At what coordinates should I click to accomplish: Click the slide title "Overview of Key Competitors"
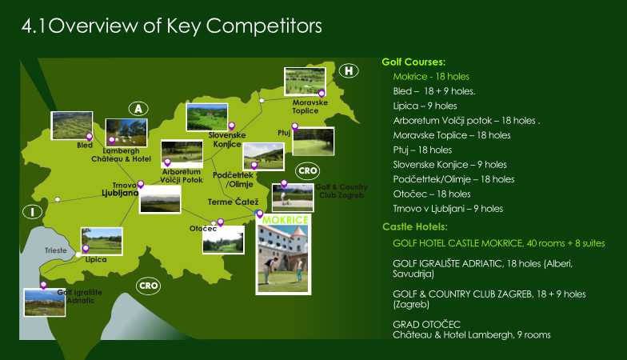pyautogui.click(x=185, y=26)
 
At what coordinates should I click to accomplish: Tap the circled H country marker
pyautogui.click(x=349, y=70)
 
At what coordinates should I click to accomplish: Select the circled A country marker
pyautogui.click(x=138, y=109)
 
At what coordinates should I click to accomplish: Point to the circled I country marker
pyautogui.click(x=32, y=211)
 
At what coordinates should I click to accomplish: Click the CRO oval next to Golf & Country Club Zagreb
pyautogui.click(x=307, y=171)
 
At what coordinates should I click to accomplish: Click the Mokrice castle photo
pyautogui.click(x=283, y=259)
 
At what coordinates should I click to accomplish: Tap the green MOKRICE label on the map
pyautogui.click(x=285, y=219)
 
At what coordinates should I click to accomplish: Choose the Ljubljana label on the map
pyautogui.click(x=120, y=194)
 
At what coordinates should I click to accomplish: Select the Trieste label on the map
pyautogui.click(x=56, y=250)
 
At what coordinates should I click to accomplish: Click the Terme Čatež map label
pyautogui.click(x=234, y=202)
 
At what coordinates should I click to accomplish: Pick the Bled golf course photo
pyautogui.click(x=72, y=126)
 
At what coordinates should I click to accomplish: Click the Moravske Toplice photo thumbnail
pyautogui.click(x=305, y=82)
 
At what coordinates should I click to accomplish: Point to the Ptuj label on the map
pyautogui.click(x=284, y=133)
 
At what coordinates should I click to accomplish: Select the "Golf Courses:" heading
pyautogui.click(x=413, y=62)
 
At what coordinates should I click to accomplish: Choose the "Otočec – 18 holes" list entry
pyautogui.click(x=432, y=194)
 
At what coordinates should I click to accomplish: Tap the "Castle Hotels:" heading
pyautogui.click(x=414, y=227)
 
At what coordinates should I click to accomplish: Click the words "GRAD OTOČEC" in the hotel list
pyautogui.click(x=427, y=325)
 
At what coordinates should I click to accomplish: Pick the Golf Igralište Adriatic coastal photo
pyautogui.click(x=45, y=302)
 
